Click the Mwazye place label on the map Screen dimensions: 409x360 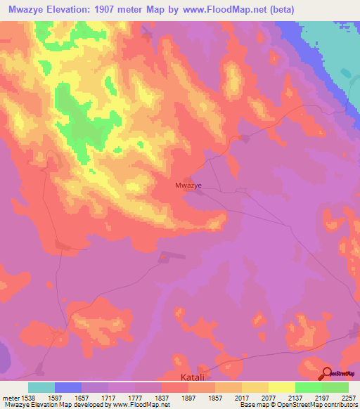[x=188, y=186]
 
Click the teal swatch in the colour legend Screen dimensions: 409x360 [x=41, y=387]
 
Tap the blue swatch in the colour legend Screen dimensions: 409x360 [x=68, y=387]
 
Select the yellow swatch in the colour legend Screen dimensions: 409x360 [x=282, y=387]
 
